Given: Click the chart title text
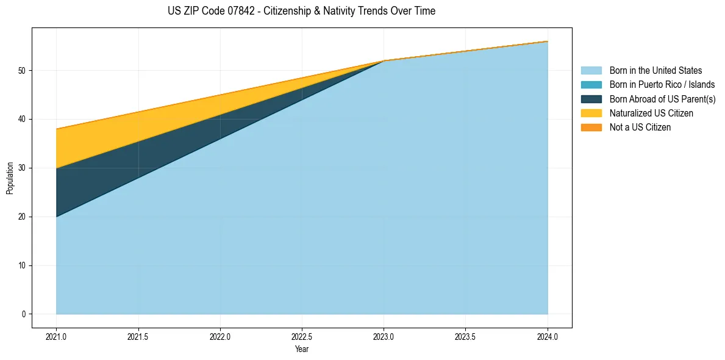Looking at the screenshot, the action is [x=301, y=11].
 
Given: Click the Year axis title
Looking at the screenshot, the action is [x=302, y=350].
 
